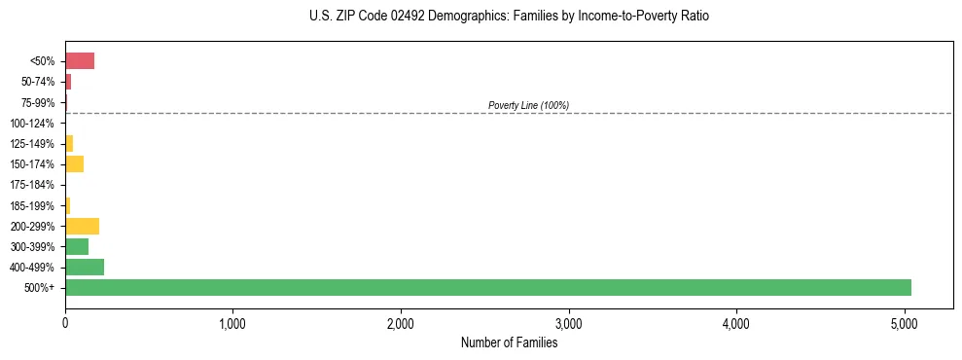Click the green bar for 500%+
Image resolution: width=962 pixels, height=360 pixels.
[487, 287]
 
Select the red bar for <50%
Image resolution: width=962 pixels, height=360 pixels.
[80, 61]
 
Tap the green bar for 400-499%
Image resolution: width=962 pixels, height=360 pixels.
[85, 267]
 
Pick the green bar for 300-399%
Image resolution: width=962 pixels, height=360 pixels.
[77, 246]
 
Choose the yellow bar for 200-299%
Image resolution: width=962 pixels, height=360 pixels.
[82, 226]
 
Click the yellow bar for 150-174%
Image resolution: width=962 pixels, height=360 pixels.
[74, 163]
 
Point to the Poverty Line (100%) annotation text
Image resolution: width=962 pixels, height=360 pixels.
[528, 105]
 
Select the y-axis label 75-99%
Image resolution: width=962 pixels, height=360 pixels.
[40, 102]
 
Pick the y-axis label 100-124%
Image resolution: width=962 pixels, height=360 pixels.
[37, 124]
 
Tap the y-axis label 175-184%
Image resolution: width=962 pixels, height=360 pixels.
[37, 185]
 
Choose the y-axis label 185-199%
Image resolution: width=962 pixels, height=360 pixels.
[37, 205]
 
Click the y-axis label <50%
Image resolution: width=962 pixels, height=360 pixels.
[43, 61]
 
